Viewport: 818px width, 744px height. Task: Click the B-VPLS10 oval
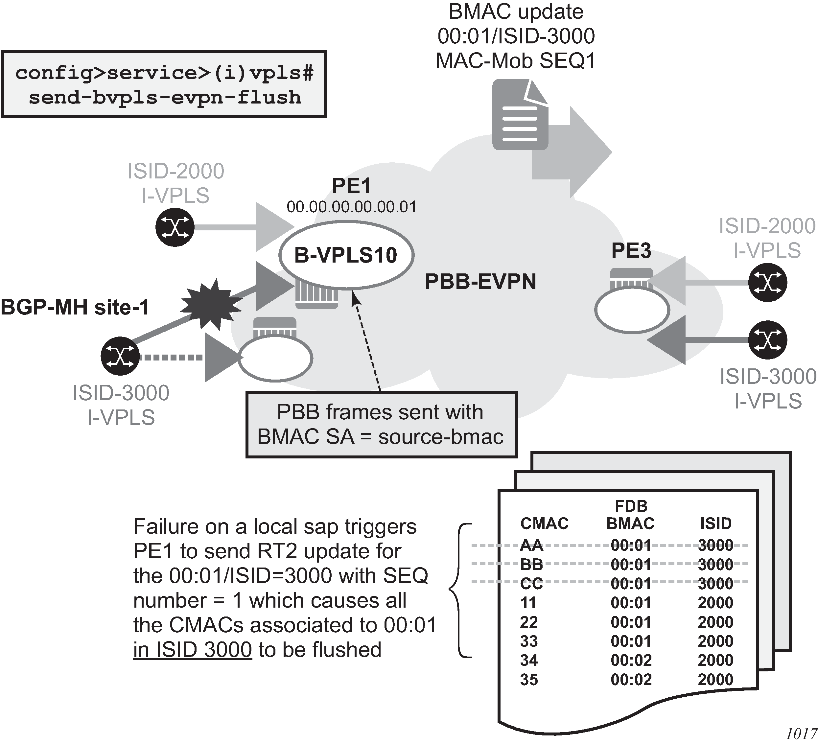point(346,255)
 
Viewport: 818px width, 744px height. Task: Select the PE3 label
point(631,250)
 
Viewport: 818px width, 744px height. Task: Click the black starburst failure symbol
point(211,303)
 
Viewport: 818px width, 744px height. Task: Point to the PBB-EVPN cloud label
point(480,281)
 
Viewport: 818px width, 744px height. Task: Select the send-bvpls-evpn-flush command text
point(164,97)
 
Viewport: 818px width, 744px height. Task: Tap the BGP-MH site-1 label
point(75,307)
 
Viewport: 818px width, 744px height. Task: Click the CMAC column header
point(544,523)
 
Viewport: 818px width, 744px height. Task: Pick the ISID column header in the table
point(715,523)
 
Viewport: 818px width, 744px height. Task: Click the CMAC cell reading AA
point(531,545)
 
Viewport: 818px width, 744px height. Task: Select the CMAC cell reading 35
point(529,680)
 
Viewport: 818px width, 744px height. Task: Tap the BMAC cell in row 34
point(631,660)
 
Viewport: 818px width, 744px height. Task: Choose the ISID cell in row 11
point(715,603)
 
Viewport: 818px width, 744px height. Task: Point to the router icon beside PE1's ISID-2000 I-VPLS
point(175,227)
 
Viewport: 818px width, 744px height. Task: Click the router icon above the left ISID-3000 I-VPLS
point(120,356)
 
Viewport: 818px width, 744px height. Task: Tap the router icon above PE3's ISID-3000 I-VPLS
point(767,340)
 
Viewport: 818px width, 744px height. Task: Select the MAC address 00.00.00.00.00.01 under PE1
point(351,207)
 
